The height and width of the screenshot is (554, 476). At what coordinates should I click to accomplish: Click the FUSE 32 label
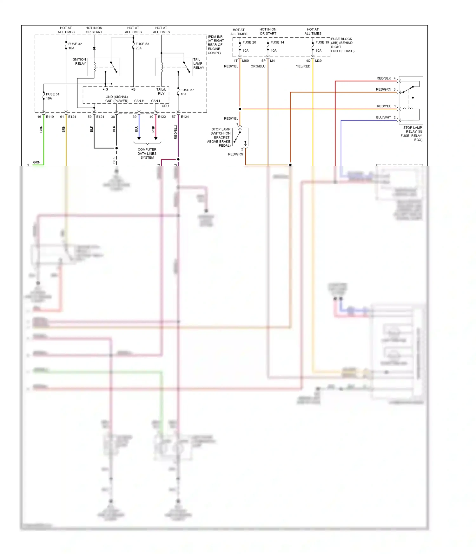click(x=75, y=44)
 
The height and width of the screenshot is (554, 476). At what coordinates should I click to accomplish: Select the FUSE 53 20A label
click(x=142, y=46)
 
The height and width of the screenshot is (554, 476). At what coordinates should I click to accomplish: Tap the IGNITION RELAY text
click(x=79, y=61)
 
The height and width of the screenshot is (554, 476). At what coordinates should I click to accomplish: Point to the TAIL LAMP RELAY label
click(x=199, y=63)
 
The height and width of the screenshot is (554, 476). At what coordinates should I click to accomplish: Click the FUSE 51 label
click(x=52, y=94)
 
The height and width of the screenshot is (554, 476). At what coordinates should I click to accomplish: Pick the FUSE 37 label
click(x=187, y=90)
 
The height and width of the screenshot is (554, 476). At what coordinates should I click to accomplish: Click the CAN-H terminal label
click(x=139, y=101)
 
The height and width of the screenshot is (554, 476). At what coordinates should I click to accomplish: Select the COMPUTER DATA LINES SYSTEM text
click(x=147, y=154)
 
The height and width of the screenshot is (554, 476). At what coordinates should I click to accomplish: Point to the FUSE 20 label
click(x=249, y=42)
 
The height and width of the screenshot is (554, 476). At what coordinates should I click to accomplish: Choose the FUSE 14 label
click(x=277, y=42)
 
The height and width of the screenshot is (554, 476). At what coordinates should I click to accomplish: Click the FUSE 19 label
click(x=322, y=42)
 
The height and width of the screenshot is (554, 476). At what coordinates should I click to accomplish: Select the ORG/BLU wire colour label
click(x=258, y=67)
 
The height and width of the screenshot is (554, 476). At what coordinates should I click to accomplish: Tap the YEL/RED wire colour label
click(x=303, y=67)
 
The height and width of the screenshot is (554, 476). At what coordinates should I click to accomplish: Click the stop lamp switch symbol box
click(x=240, y=137)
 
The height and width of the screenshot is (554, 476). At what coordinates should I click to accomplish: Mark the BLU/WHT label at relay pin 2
click(x=383, y=118)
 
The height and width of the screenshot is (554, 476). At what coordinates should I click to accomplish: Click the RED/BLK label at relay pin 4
click(x=384, y=78)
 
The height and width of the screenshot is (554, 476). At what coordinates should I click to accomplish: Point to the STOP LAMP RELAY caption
click(x=412, y=134)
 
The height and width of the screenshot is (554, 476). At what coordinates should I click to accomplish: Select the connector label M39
click(x=318, y=61)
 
